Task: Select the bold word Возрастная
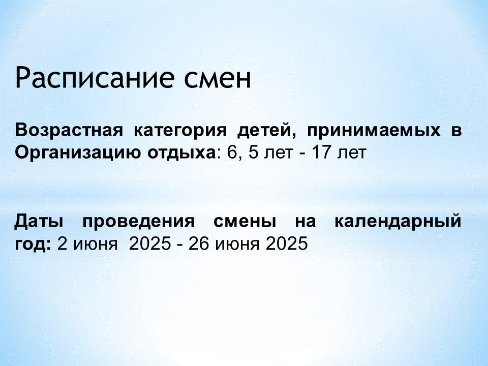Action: point(69,131)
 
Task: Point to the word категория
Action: point(180,131)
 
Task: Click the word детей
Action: point(266,130)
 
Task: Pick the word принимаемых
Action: point(374,131)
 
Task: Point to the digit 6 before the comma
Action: point(232,152)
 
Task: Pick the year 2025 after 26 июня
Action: point(287,243)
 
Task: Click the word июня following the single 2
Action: point(96,245)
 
